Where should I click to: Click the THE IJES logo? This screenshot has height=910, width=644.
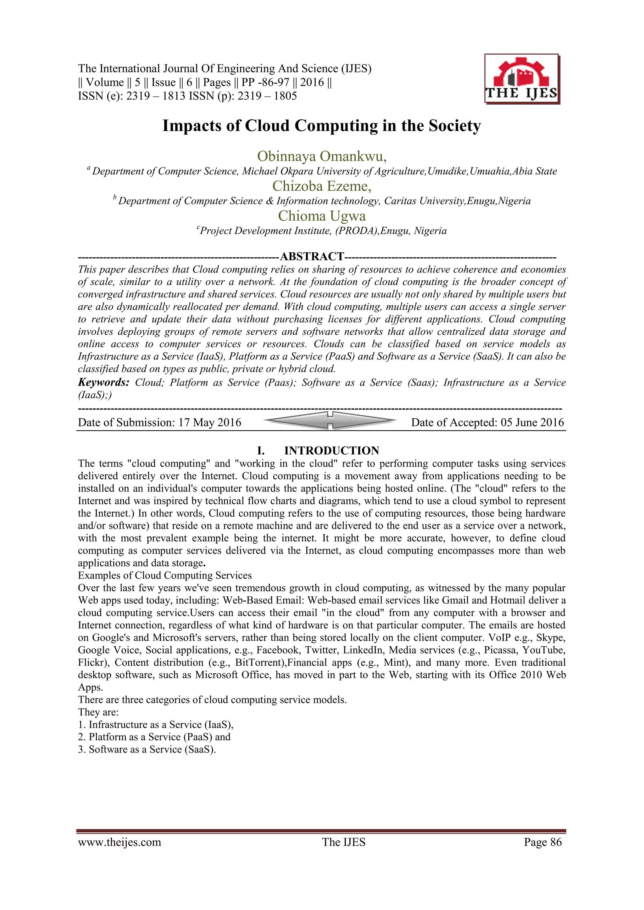521,79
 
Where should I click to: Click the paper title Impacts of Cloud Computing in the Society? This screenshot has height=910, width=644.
322,126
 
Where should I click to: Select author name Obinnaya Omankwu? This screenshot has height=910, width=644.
322,156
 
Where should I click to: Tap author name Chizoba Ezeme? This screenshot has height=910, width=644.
322,186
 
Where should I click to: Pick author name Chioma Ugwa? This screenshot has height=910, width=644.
322,216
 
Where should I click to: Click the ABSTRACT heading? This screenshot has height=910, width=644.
312,256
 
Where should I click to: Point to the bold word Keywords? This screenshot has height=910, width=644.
103,382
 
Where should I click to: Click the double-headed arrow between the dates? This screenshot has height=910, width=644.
330,420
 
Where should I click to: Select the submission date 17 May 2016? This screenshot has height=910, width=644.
209,423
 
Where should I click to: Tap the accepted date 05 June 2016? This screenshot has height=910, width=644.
532,423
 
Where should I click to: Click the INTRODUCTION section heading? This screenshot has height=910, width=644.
331,451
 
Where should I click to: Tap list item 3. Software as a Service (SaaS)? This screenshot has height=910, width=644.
147,749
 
